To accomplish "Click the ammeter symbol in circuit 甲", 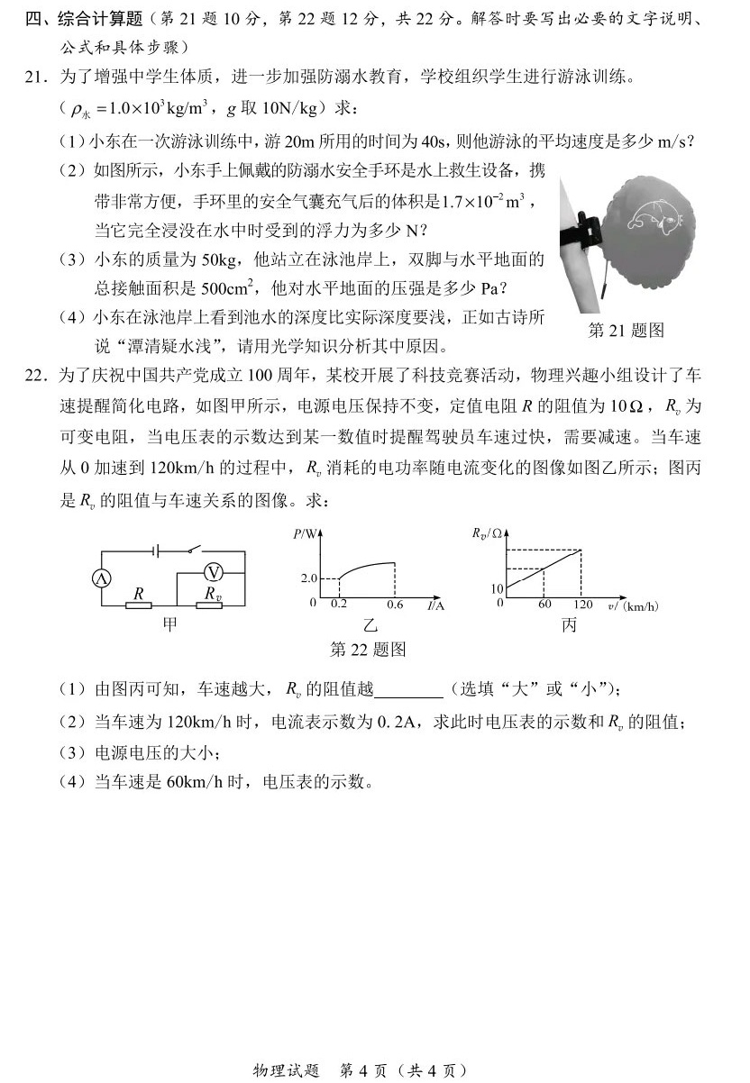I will (103, 579).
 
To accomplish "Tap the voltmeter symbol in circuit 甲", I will (212, 571).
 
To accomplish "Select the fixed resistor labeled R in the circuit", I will (138, 606).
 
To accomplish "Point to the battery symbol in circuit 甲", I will (155, 549).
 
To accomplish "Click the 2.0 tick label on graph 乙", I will (309, 578).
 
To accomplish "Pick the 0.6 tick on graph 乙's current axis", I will (395, 604).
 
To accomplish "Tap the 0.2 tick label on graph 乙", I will (339, 604).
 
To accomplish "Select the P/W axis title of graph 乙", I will (305, 533).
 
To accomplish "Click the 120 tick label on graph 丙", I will (582, 605).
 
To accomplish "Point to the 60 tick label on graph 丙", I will (544, 605).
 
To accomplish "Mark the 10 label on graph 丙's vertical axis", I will (497, 588).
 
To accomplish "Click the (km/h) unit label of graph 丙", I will (641, 606).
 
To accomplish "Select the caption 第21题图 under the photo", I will (626, 331).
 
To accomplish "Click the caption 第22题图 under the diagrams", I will (369, 650).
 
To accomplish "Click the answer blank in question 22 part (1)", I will (407, 690).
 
